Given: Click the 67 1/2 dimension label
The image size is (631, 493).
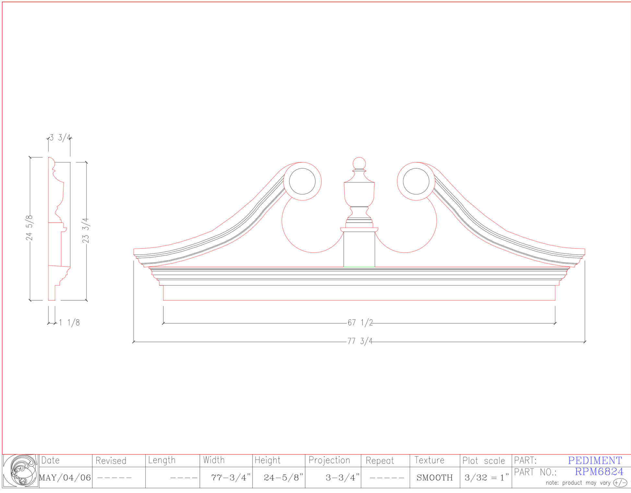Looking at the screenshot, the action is [360, 323].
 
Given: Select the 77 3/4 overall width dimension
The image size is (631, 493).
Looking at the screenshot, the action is [360, 341].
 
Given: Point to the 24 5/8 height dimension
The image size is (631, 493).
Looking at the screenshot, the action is [30, 228].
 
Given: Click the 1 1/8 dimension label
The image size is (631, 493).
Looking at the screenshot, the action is [69, 323].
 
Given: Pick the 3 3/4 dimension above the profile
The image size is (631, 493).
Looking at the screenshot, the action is [60, 138].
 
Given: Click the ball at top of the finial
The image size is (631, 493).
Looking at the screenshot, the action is [359, 163].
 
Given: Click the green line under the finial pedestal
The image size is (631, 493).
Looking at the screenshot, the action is [359, 267].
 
